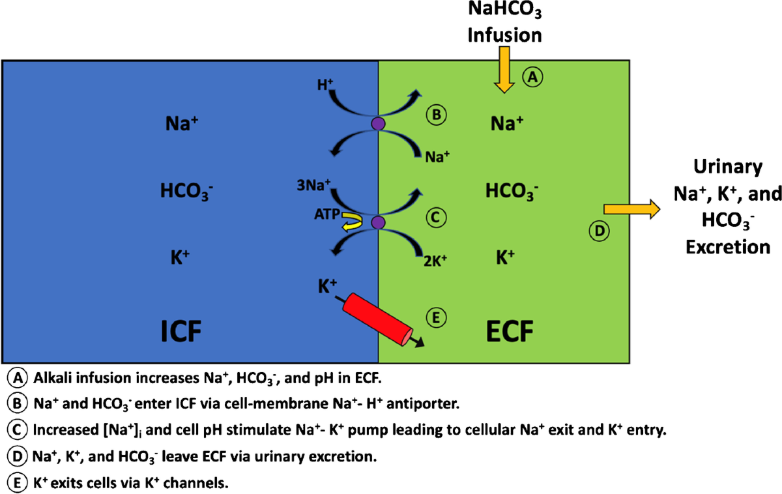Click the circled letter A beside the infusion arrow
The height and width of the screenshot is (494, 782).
[x=532, y=78]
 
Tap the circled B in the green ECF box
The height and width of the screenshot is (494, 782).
[x=437, y=115]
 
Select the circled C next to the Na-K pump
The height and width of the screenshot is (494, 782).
[x=437, y=215]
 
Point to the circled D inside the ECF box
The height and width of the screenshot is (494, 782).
[x=599, y=230]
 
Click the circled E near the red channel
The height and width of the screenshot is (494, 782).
[x=437, y=317]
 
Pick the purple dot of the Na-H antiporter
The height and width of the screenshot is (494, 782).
[x=377, y=123]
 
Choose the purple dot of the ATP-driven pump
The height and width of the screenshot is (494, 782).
[x=377, y=224]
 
